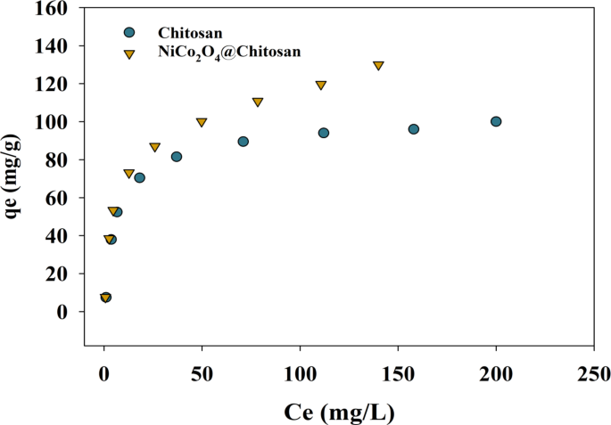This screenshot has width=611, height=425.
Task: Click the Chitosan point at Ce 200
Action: (x=496, y=121)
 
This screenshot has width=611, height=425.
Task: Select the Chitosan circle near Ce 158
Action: (x=414, y=129)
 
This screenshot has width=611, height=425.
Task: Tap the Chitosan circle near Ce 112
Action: (x=324, y=133)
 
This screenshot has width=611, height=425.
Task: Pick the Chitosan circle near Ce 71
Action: (x=244, y=142)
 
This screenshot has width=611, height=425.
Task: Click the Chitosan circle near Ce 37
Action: (x=177, y=157)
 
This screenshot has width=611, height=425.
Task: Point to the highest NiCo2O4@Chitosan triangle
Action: (x=378, y=66)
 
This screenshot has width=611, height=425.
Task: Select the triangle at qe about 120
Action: (x=321, y=86)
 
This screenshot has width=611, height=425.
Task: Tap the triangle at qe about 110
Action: (x=258, y=102)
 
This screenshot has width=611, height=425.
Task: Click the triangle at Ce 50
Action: (x=202, y=122)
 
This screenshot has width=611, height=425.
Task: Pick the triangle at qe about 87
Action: (x=155, y=147)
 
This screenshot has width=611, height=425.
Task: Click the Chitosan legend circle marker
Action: (x=129, y=32)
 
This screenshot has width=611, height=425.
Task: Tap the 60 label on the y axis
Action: (x=62, y=198)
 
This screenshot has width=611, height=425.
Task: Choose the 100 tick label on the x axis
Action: (x=300, y=372)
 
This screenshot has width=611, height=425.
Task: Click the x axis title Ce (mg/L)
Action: (x=339, y=412)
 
